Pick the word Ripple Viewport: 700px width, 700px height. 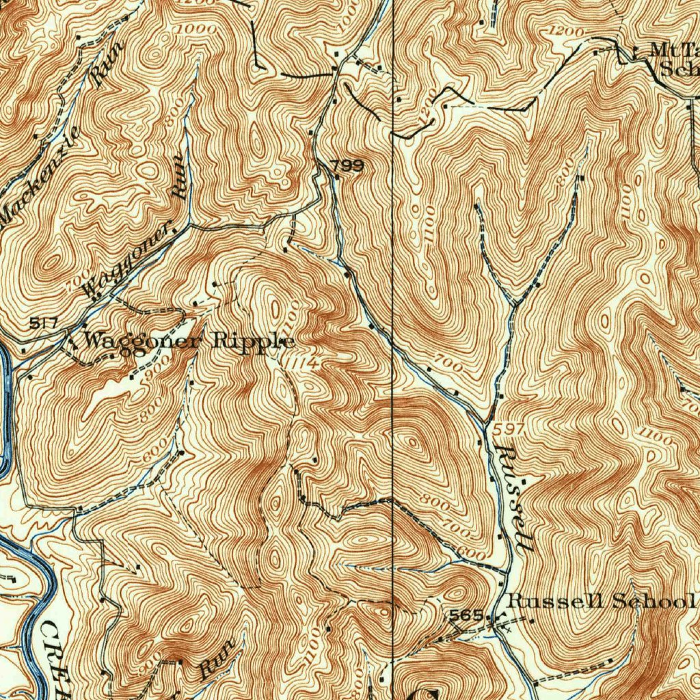tap(253, 340)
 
